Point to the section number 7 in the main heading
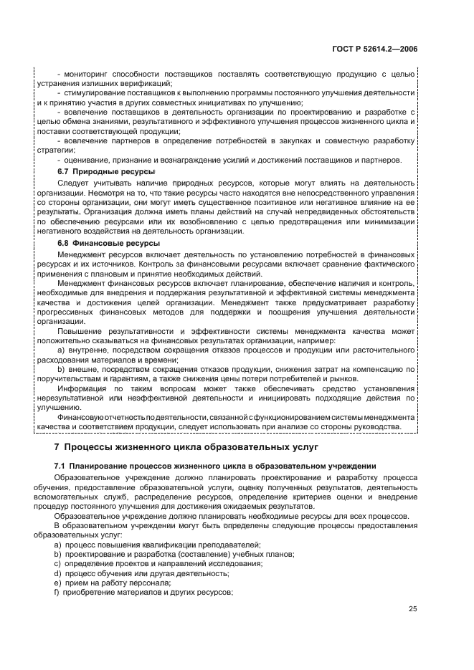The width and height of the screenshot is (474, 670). pos(58,448)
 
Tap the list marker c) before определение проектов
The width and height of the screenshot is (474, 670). pos(57,563)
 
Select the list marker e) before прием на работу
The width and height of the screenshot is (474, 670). pos(57,583)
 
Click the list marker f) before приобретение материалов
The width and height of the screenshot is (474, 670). pos(57,593)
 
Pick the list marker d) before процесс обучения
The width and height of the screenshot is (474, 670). pos(57,573)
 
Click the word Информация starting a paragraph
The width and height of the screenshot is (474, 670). pos(80,388)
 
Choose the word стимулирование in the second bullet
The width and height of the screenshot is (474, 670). pos(91,93)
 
